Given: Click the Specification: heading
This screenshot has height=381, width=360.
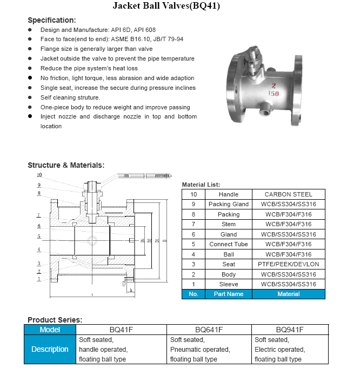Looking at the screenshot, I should [52, 20].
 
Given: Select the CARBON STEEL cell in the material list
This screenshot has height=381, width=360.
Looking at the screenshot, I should [288, 194].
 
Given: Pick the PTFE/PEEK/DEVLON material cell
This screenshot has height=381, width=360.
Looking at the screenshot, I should [288, 264].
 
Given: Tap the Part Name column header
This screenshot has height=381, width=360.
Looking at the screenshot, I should [229, 294].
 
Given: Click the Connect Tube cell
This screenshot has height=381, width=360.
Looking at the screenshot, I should [229, 244].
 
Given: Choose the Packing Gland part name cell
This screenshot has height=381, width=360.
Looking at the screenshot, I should [229, 204].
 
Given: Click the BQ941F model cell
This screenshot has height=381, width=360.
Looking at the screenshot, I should [290, 329].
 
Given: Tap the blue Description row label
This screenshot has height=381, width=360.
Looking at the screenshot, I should [50, 349].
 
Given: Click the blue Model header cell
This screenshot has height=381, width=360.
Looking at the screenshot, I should [50, 329].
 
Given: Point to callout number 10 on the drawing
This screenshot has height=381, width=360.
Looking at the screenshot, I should [39, 175].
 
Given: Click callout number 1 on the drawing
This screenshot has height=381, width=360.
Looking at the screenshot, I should [39, 279].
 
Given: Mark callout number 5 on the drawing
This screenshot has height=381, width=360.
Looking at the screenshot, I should [39, 237].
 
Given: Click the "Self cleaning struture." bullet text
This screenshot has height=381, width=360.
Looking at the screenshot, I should [70, 97].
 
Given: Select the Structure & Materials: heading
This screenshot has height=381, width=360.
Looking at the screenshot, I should [66, 165].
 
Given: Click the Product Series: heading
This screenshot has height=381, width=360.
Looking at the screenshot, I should [55, 319].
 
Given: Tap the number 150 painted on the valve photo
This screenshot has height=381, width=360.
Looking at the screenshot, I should [274, 94].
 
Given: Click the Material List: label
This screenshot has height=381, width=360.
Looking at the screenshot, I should [201, 185].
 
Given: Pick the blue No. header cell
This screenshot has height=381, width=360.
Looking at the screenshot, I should [194, 294].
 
